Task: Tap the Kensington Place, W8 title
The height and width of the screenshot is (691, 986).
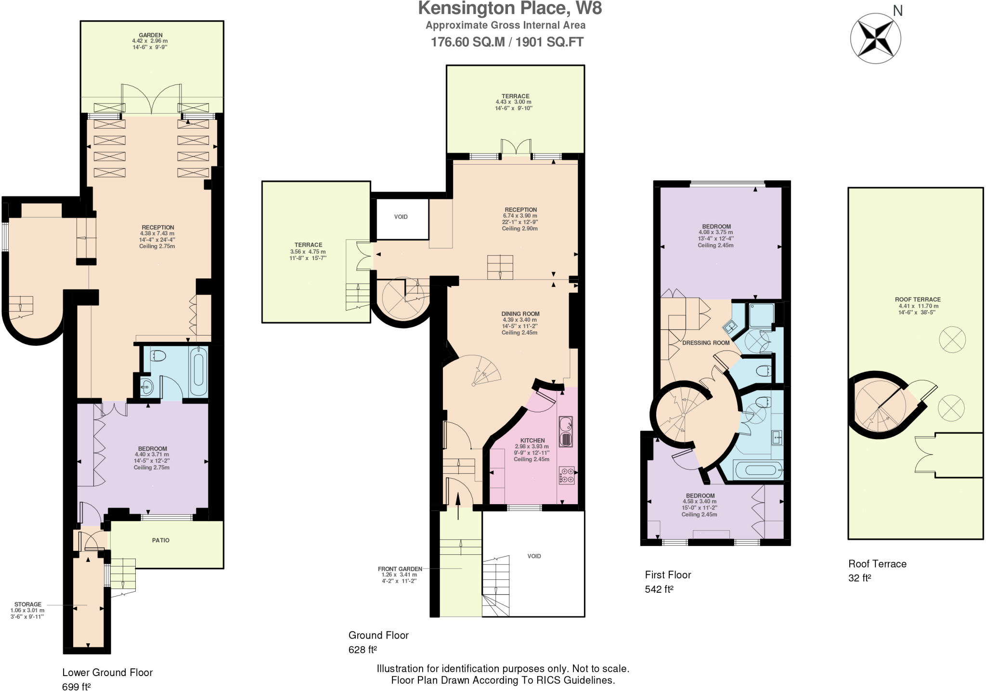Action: (x=509, y=9)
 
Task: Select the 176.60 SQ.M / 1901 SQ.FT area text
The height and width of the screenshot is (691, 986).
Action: (x=506, y=42)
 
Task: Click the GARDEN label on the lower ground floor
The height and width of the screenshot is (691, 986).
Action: (x=151, y=35)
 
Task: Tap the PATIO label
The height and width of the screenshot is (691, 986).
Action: (x=161, y=540)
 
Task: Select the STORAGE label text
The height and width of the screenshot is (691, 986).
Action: (x=28, y=604)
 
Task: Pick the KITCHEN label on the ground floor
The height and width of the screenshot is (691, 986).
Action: (x=532, y=440)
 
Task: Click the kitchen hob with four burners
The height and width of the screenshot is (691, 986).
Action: (x=566, y=476)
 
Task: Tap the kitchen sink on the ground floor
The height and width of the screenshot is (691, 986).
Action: (x=566, y=431)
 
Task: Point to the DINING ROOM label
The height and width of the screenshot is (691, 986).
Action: (x=520, y=313)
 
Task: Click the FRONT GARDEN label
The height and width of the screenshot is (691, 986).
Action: (x=400, y=569)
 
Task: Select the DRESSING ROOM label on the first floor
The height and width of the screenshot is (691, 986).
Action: (x=706, y=343)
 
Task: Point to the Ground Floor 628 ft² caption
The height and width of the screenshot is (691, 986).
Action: (x=378, y=642)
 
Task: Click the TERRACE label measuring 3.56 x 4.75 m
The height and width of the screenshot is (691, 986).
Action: (x=308, y=245)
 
